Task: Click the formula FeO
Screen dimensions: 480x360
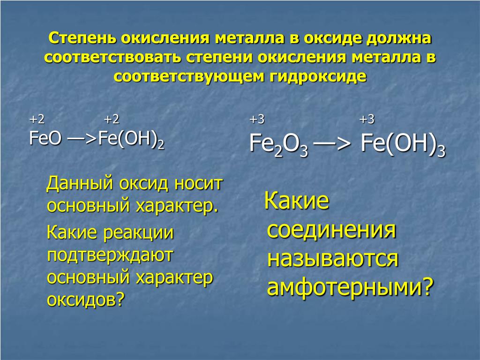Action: coord(45,138)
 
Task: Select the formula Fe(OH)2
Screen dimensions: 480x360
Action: coord(131,139)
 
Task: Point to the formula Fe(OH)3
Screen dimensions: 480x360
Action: coord(403,144)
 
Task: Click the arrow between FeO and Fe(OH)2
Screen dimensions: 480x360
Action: coord(82,139)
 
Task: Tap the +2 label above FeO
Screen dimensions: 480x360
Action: coord(37,119)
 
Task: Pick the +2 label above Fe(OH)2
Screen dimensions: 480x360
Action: coord(112,119)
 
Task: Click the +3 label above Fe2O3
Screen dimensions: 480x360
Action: coord(257,119)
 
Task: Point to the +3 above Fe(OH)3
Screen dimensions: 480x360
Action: coord(367,119)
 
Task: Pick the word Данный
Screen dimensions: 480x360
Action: coord(80,184)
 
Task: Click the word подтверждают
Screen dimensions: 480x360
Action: coord(110,255)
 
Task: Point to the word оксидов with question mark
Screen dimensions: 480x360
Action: coord(86,300)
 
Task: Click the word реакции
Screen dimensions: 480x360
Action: coord(138,233)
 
